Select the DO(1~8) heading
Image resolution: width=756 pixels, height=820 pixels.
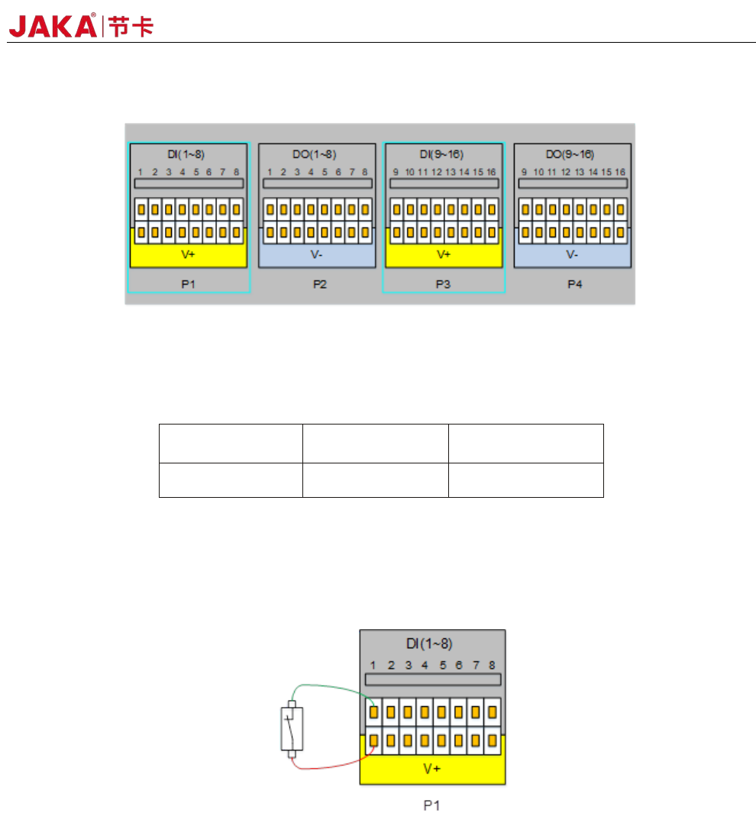pos(316,155)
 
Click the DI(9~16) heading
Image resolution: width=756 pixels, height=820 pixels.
pos(443,155)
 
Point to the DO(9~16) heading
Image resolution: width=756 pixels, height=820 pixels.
pos(572,155)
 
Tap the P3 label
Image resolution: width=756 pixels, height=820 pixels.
pos(443,283)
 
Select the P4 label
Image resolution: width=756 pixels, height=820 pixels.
pos(572,283)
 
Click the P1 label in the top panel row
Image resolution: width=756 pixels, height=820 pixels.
pos(188,283)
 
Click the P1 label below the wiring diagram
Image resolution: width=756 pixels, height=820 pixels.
pos(432,805)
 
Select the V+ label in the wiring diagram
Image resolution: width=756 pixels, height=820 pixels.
pos(432,770)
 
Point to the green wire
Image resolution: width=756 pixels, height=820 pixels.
pos(328,686)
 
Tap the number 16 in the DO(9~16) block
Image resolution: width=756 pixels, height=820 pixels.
pos(620,173)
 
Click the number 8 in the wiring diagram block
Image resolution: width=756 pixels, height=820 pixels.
pos(493,665)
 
